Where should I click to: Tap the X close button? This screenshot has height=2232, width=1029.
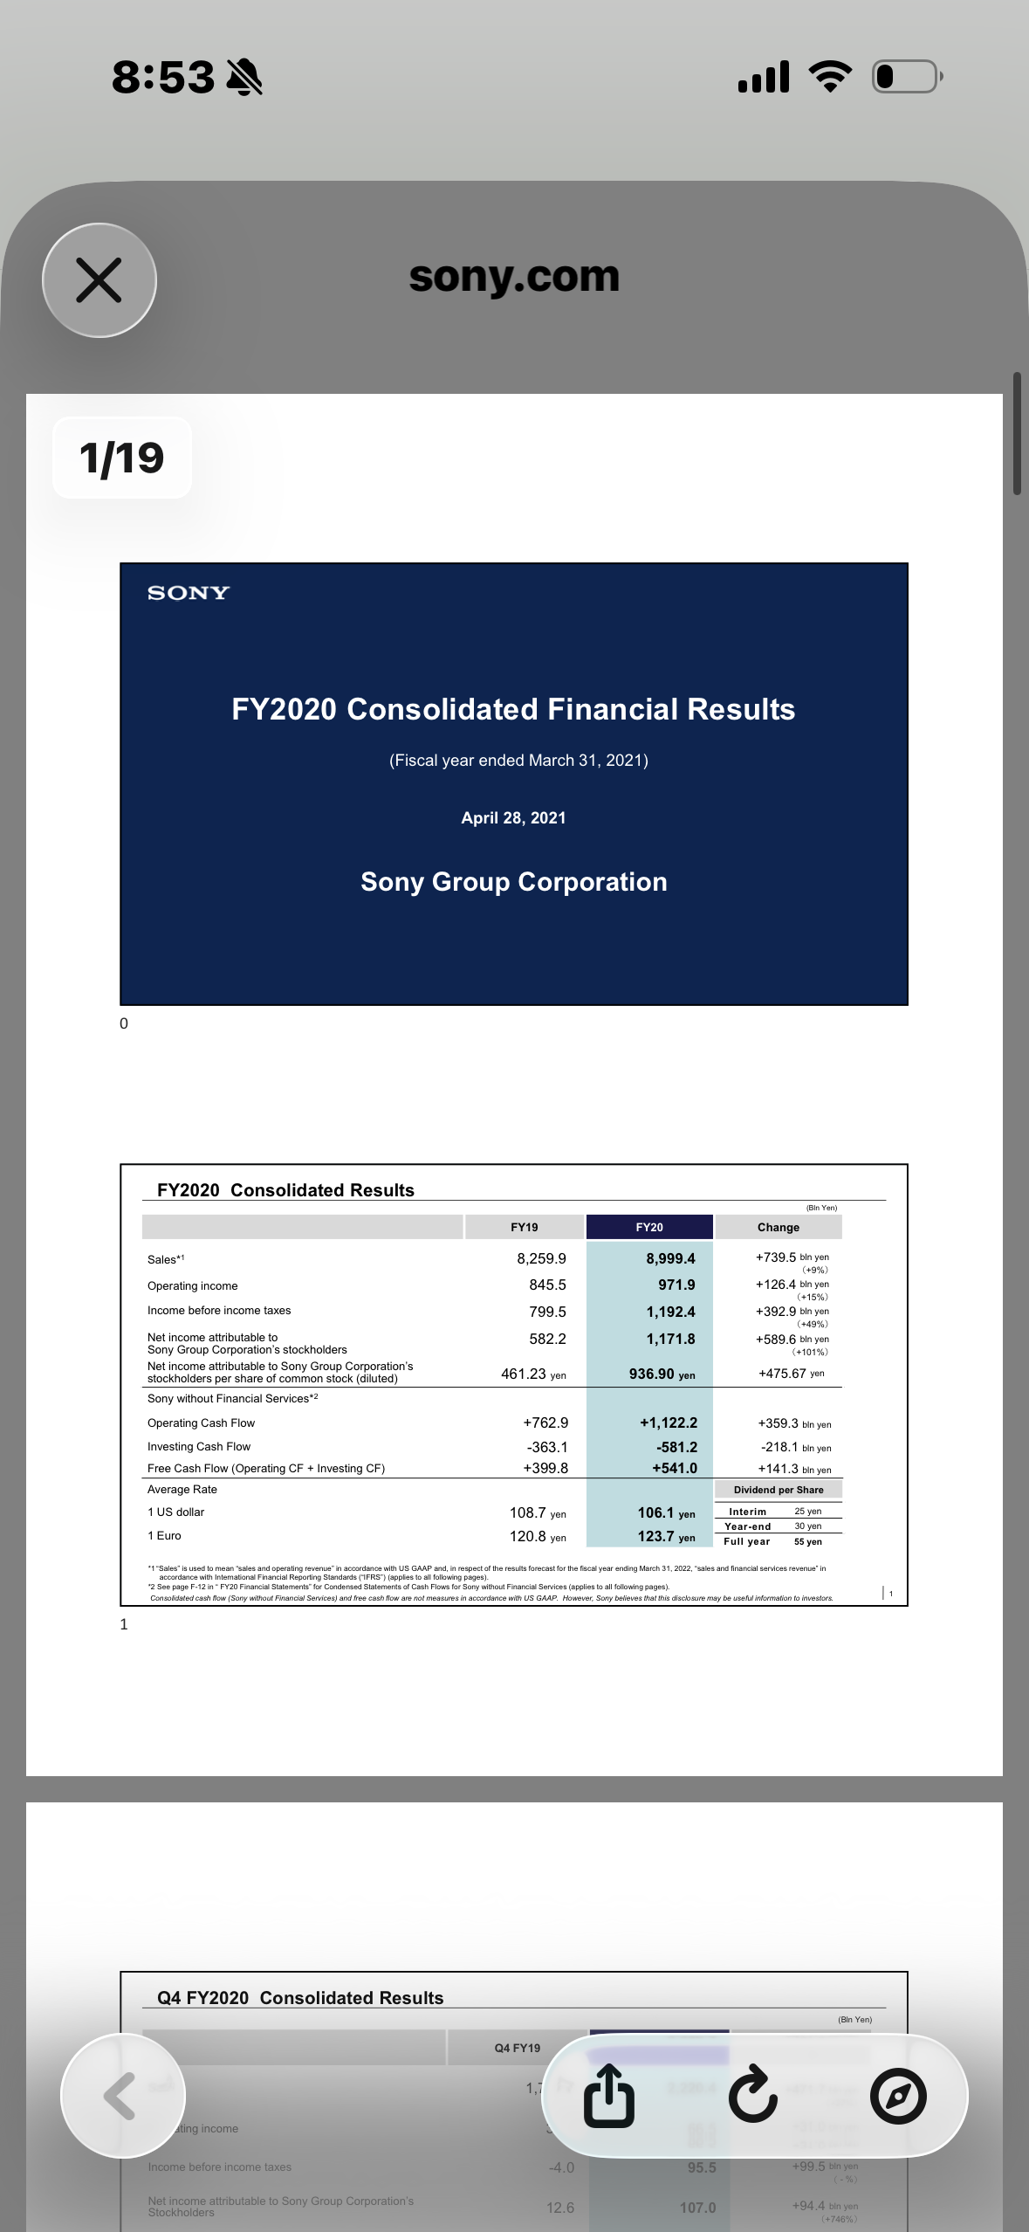[x=99, y=280]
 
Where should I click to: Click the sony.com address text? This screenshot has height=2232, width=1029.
[x=514, y=277]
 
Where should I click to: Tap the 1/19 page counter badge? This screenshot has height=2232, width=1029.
[x=122, y=458]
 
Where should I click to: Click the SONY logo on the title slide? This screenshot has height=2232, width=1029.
[x=189, y=593]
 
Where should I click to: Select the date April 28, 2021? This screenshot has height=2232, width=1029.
[x=513, y=818]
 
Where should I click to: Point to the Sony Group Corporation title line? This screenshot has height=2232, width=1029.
[x=513, y=882]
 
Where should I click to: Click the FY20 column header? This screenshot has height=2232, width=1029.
[x=649, y=1227]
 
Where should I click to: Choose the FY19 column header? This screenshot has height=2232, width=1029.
[x=525, y=1227]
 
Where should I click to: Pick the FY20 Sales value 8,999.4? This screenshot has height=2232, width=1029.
[x=670, y=1258]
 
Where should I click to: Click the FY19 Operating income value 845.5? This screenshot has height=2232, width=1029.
[x=547, y=1285]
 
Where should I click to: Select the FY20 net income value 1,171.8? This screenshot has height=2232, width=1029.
[x=670, y=1339]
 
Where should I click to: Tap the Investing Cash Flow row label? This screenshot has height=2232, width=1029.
[x=199, y=1447]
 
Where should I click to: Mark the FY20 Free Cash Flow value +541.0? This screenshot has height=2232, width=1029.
[x=675, y=1469]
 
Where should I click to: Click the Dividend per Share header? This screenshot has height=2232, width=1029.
[x=779, y=1490]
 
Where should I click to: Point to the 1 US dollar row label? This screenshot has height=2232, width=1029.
[x=176, y=1512]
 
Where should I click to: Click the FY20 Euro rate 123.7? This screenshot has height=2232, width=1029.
[x=656, y=1537]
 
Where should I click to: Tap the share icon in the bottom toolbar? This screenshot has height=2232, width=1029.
[x=609, y=2096]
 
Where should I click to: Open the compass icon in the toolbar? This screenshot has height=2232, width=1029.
[x=898, y=2096]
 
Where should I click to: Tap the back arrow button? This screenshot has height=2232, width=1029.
[x=122, y=2096]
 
